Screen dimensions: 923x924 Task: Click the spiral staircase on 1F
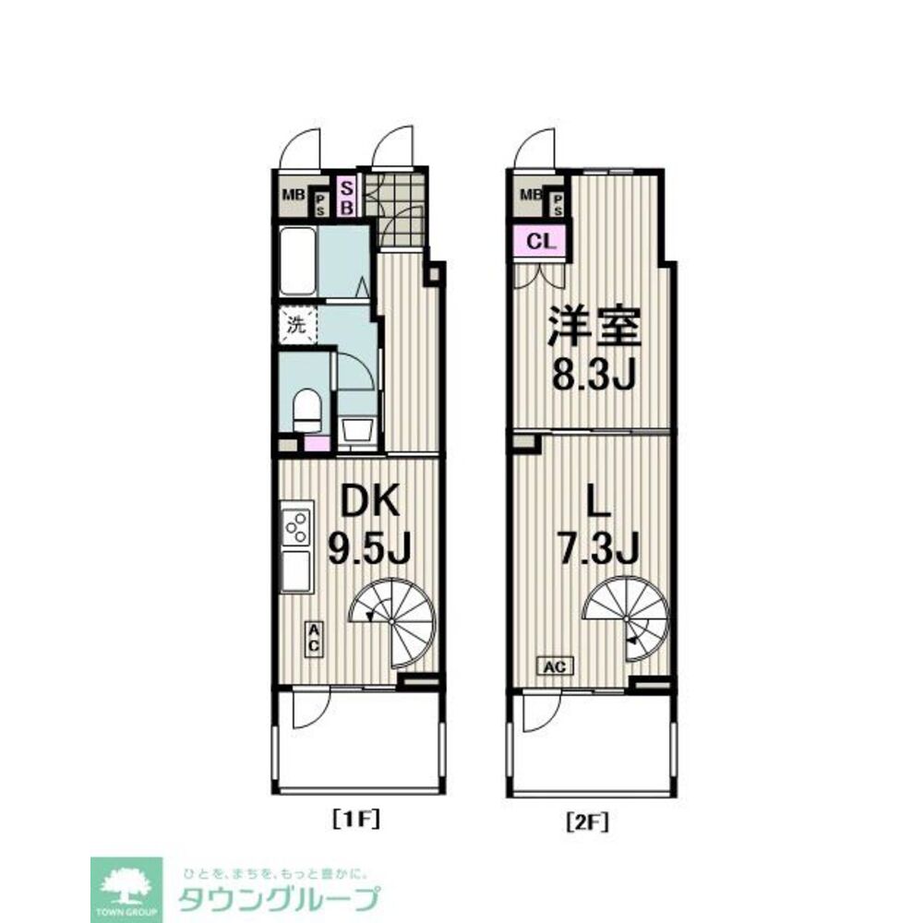coord(393,623)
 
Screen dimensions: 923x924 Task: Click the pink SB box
coord(347,197)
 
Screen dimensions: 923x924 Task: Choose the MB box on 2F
coord(530,194)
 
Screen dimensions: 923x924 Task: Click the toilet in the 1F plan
coord(306,410)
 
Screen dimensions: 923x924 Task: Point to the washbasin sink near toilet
coord(357,430)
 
